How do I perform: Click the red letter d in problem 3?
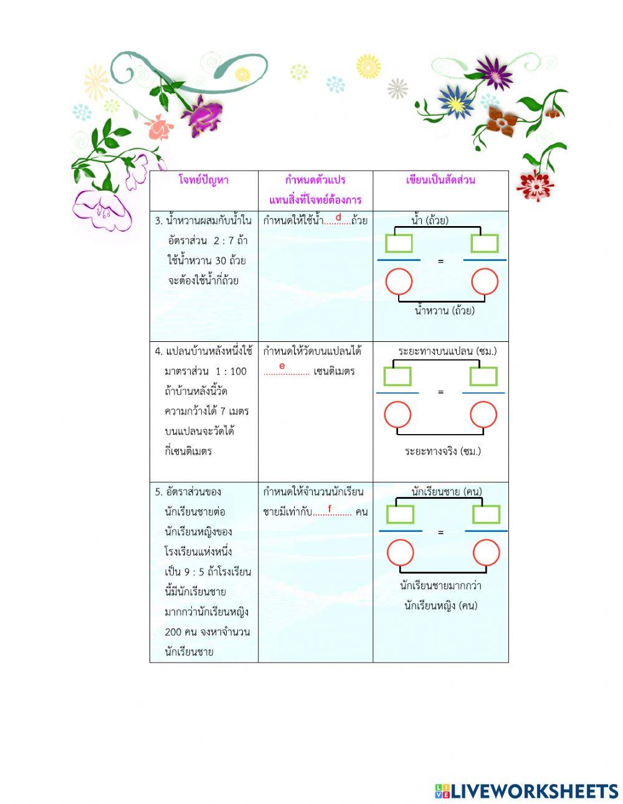point(338,217)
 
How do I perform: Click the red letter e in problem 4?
point(282,366)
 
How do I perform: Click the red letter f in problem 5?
point(330,509)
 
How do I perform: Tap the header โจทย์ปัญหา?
point(204,180)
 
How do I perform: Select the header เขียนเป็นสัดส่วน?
point(440,180)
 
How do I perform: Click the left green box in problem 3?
point(399,244)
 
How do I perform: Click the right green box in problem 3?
point(484,244)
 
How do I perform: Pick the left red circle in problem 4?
point(397,415)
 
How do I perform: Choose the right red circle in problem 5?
point(486,553)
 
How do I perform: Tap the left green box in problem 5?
point(401,514)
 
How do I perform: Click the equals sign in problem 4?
point(440,392)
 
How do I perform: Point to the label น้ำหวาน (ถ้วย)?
point(444,310)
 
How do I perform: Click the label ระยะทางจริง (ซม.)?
point(442,451)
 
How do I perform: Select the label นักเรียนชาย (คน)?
point(447,491)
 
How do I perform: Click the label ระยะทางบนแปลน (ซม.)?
point(447,351)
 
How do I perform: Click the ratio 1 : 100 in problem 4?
point(231,371)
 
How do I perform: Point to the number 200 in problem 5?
point(174,631)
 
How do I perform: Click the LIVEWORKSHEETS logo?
point(526,791)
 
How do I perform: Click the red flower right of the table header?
point(535,185)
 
